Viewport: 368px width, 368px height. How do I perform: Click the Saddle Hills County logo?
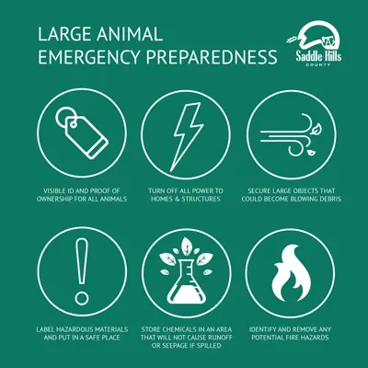coord(315,44)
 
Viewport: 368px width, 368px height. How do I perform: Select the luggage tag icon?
coord(82,132)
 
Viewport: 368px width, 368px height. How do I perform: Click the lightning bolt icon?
coord(188,137)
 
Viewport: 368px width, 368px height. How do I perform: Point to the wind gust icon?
coord(291,135)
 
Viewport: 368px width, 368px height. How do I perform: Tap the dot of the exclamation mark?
coord(82,298)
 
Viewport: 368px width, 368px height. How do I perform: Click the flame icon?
coord(291,273)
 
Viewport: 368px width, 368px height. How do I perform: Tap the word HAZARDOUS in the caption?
coord(73,329)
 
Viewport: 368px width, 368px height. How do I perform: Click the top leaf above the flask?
coord(186,246)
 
